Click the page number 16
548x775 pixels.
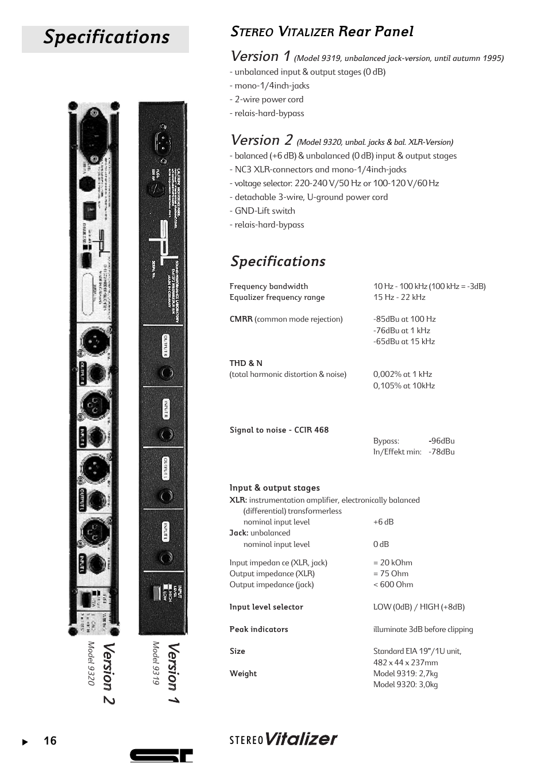pos(50,741)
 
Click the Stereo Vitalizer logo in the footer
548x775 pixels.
pos(283,739)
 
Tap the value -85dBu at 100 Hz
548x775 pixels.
pos(404,319)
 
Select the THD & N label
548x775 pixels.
pos(246,363)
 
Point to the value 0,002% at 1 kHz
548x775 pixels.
pos(402,374)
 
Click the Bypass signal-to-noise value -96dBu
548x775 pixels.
pos(442,441)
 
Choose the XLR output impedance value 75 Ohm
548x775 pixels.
pos(391,573)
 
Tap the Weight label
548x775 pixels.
pos(243,673)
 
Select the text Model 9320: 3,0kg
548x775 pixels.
pos(405,684)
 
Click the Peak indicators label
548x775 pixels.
pos(258,629)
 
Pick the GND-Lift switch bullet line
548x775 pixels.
pos(263,211)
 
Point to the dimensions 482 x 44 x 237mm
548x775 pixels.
pos(405,662)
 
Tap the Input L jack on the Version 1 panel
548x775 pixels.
pos(166,557)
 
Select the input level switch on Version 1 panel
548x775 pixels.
pos(155,592)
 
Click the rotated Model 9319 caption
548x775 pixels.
pos(155,663)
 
